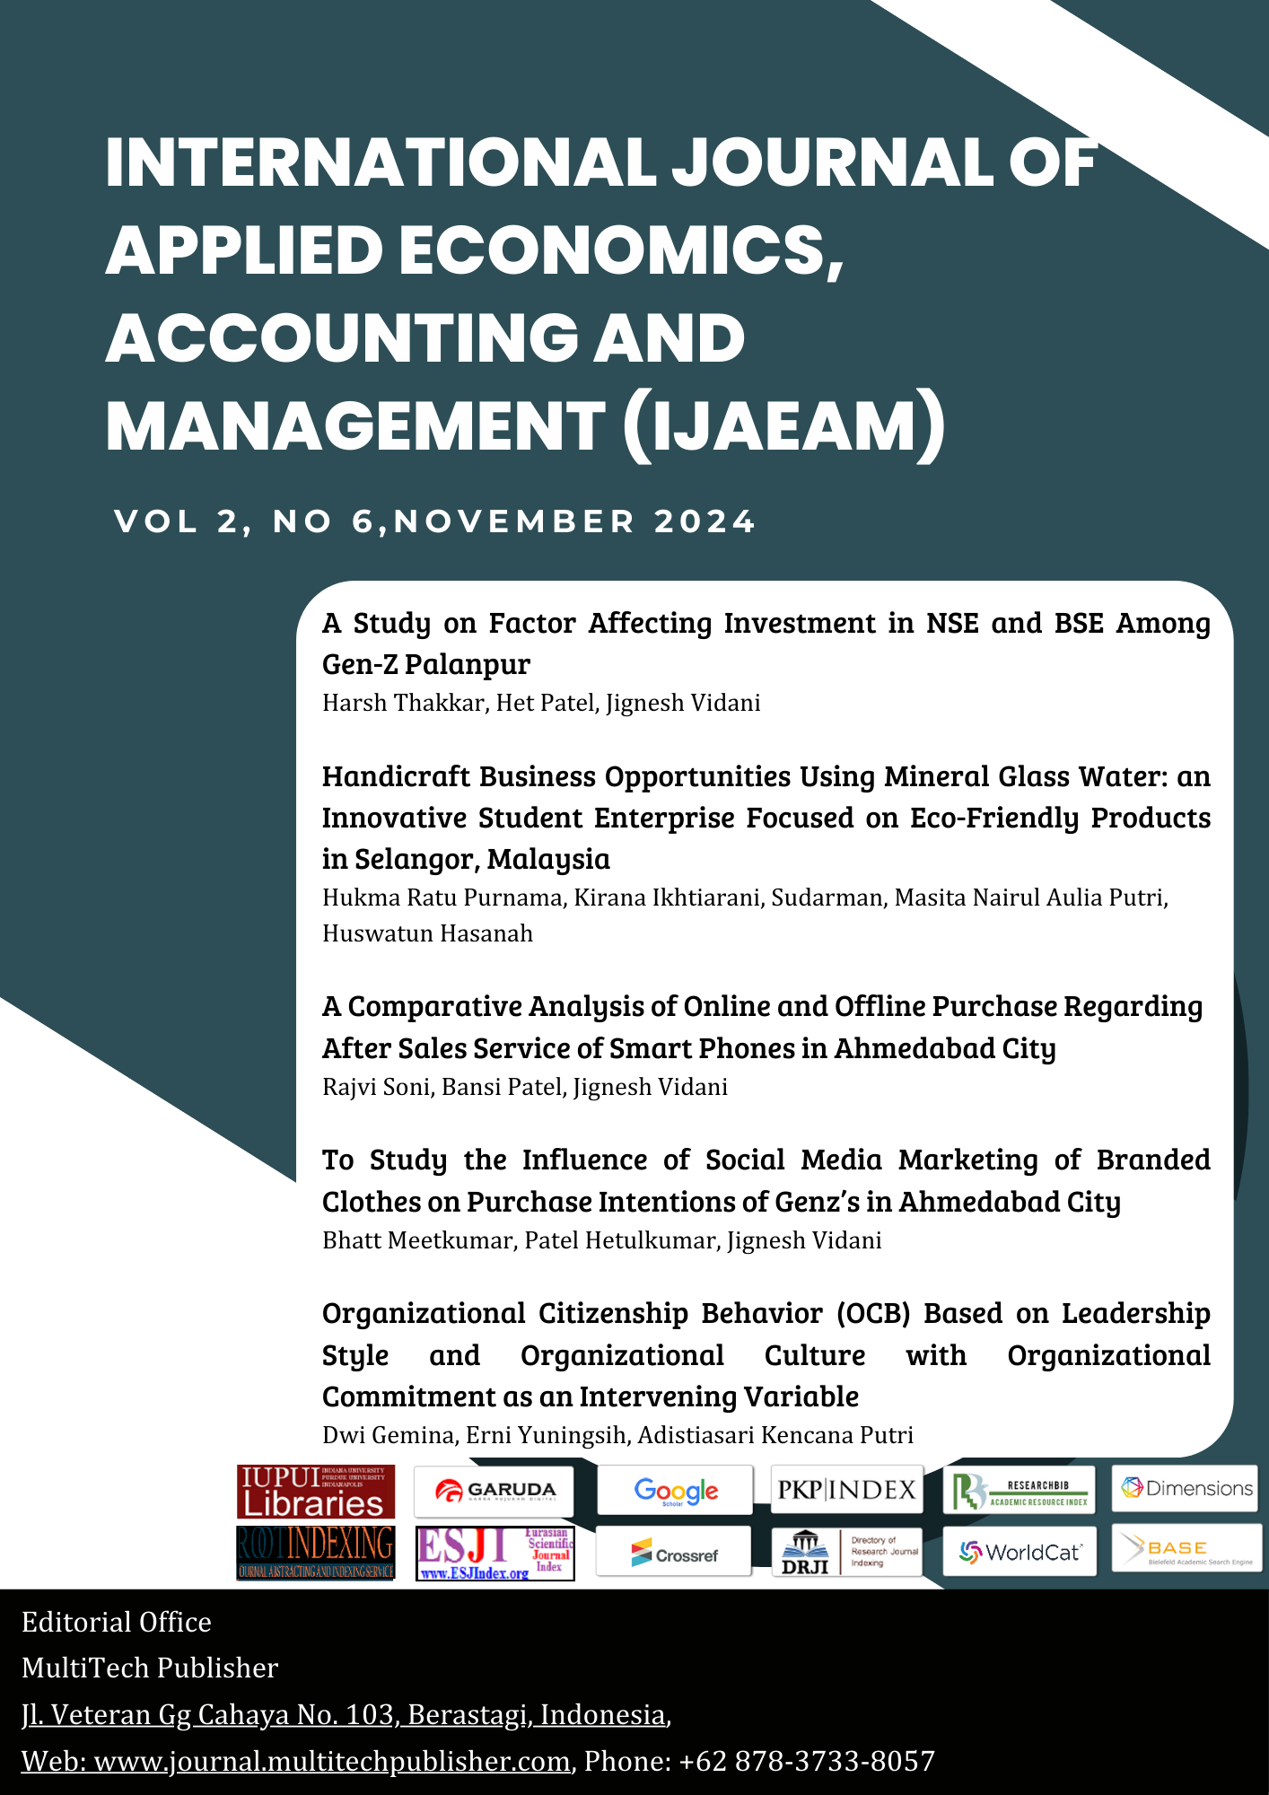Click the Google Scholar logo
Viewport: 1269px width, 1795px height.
[676, 1491]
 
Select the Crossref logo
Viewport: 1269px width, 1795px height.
[674, 1553]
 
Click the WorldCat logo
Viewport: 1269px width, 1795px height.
[1020, 1551]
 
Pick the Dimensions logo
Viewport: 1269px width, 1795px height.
[1186, 1488]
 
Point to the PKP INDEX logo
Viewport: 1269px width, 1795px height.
[846, 1490]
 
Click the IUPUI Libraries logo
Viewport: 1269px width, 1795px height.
[315, 1492]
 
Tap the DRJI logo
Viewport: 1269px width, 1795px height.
[846, 1552]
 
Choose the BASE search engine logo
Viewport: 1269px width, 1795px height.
[1186, 1548]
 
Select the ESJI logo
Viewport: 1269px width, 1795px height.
[495, 1553]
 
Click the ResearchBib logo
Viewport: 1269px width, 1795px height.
[1020, 1491]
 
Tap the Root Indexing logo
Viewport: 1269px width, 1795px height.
[315, 1552]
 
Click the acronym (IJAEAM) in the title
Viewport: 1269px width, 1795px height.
[783, 425]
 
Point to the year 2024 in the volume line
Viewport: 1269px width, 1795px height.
[705, 521]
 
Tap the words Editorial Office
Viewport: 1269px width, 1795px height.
[117, 1622]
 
